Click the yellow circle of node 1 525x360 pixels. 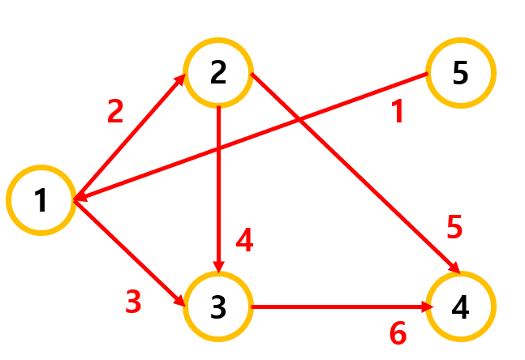click(41, 201)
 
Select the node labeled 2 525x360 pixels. click(218, 72)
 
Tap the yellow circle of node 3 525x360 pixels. click(218, 307)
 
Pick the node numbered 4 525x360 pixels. click(460, 307)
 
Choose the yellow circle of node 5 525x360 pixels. click(460, 74)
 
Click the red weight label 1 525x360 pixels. click(398, 112)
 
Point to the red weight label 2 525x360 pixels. click(115, 111)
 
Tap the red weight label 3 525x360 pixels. click(133, 302)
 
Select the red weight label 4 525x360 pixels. click(244, 240)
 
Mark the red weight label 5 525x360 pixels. click(454, 229)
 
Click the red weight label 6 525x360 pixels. click(398, 333)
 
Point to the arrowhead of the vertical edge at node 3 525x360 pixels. click(219, 266)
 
